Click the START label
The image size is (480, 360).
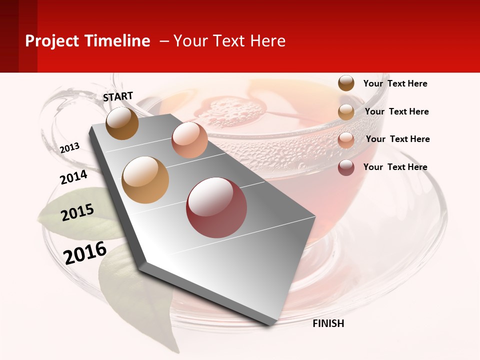118,96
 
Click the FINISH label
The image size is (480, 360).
328,323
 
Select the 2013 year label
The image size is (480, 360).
70,147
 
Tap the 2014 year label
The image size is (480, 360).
74,177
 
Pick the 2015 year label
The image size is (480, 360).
77,212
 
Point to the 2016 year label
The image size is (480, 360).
85,252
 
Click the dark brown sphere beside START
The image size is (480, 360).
122,123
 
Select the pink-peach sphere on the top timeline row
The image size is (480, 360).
189,140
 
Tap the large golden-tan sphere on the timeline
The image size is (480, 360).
145,180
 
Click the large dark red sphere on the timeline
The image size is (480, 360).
216,207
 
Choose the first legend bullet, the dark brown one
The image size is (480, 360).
346,83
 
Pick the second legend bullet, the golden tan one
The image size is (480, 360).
346,112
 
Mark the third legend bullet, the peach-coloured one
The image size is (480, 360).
346,140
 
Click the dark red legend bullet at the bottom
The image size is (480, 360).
346,167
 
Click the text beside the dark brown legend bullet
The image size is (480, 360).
395,83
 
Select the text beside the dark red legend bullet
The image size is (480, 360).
395,167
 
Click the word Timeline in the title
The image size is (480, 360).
117,41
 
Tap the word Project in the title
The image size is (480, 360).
52,41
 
